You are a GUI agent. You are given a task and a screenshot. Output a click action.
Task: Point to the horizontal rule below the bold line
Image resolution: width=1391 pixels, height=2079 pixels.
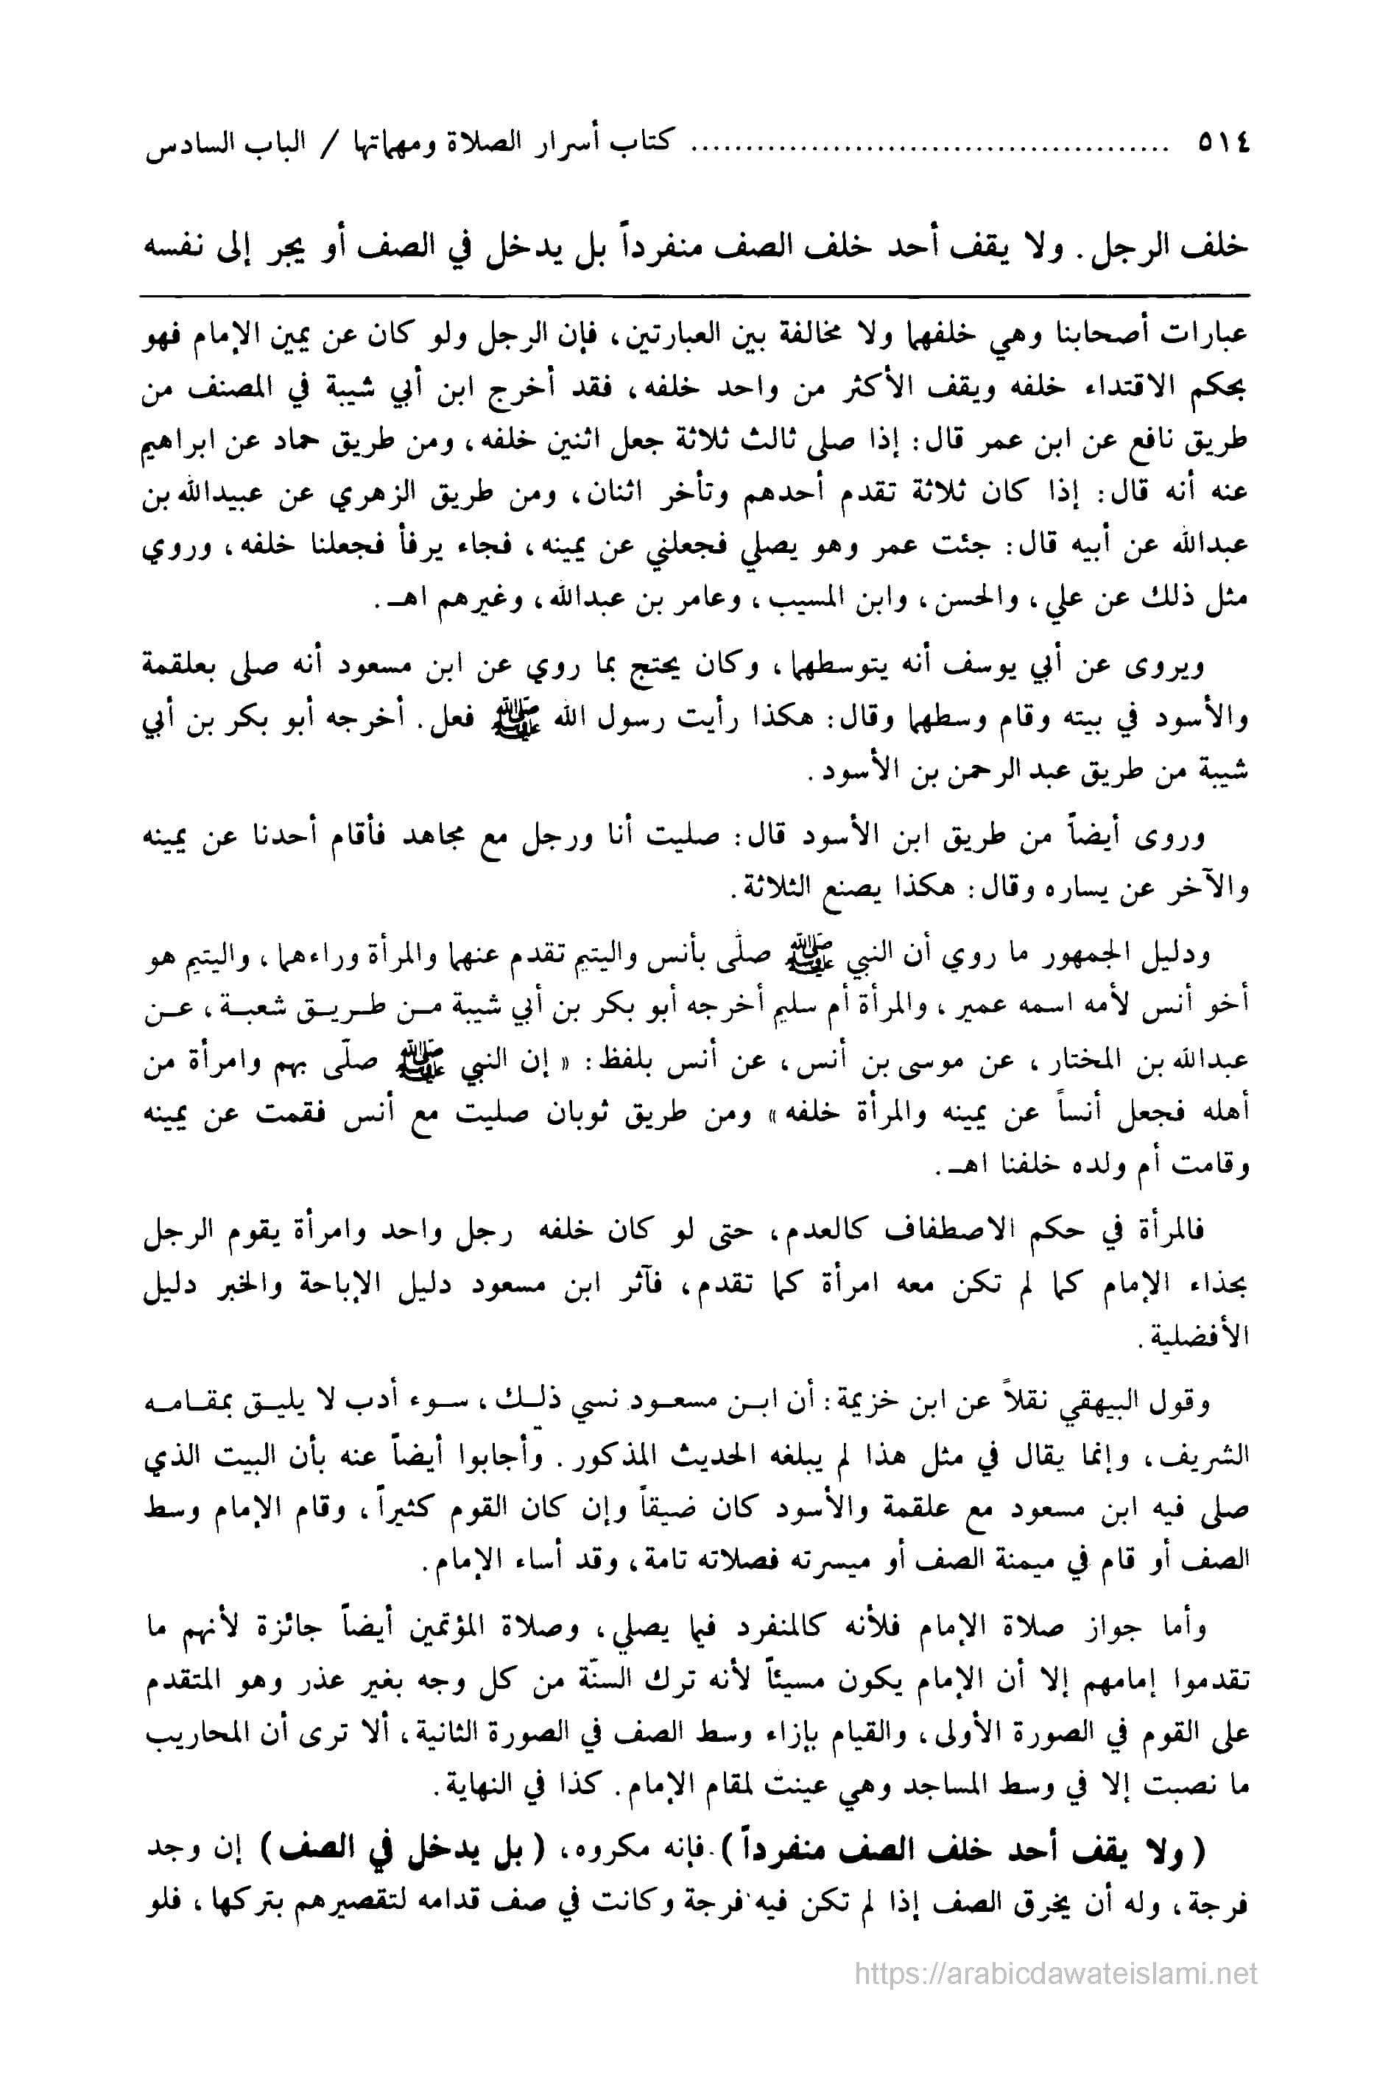click(x=694, y=294)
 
